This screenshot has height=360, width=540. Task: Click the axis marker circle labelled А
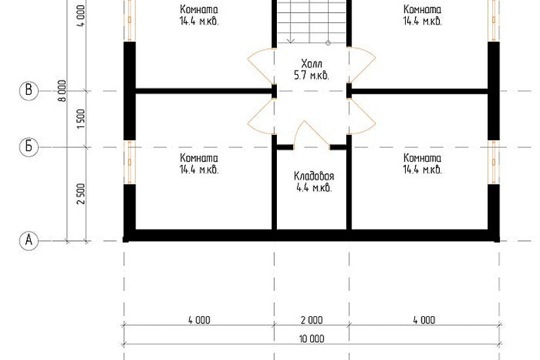point(29,240)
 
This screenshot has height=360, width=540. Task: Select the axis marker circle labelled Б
point(29,147)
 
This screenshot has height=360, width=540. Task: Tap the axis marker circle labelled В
point(29,91)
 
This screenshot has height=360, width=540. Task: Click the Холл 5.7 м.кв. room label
point(312,69)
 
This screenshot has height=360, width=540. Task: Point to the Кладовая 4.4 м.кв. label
point(314,182)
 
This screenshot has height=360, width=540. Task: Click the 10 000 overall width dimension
point(312,339)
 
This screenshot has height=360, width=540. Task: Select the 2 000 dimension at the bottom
point(312,320)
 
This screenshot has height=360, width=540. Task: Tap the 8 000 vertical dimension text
point(62,90)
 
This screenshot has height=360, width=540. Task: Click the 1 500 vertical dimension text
point(81,119)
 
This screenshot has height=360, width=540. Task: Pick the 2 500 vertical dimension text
point(81,194)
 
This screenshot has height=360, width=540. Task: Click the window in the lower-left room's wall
point(130,162)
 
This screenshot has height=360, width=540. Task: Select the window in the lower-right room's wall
point(494,162)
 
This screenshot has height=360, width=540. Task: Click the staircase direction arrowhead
point(291,41)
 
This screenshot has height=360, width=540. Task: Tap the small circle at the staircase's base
point(328,43)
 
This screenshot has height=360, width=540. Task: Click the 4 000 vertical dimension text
point(81,16)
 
